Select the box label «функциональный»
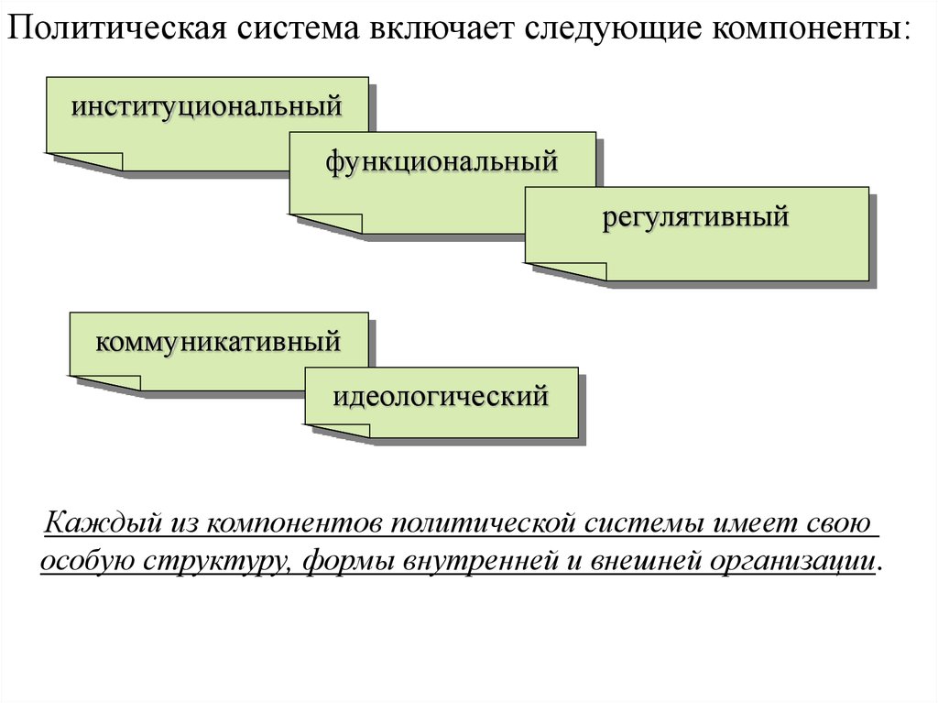[441, 162]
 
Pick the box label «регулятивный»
[695, 218]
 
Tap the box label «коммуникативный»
[218, 343]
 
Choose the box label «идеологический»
[440, 397]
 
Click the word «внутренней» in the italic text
[477, 560]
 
